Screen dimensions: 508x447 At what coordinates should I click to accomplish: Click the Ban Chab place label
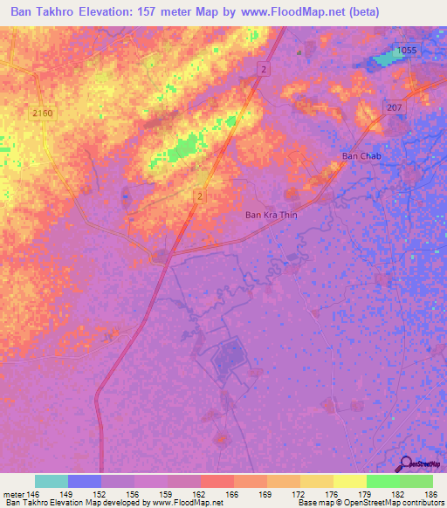pos(361,156)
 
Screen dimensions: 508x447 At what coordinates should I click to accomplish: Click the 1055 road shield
pos(408,51)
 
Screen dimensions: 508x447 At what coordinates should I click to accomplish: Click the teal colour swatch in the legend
pos(52,481)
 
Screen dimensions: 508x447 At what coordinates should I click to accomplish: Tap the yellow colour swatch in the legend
pos(350,481)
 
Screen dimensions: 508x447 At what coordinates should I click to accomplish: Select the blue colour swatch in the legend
pos(85,481)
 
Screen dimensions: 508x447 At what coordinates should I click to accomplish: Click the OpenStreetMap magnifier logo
pos(405,463)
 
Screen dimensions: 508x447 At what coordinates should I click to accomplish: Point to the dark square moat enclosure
pos(230,355)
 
